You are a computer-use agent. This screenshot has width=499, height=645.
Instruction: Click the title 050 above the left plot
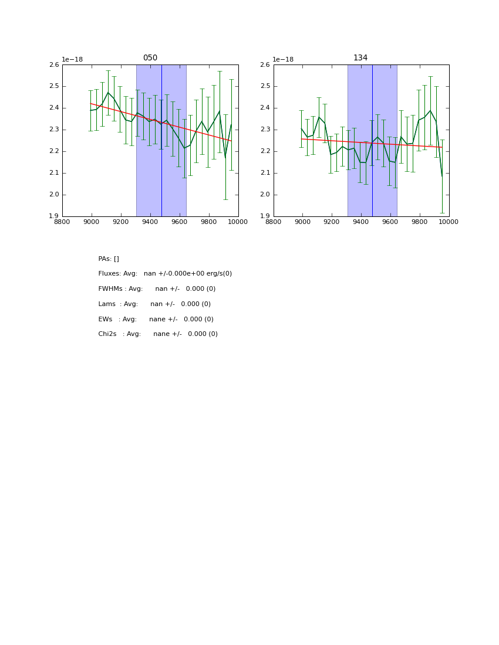pos(150,58)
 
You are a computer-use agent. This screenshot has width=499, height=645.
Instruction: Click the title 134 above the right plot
pos(360,58)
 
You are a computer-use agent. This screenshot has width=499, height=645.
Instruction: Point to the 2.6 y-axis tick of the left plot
pos(54,65)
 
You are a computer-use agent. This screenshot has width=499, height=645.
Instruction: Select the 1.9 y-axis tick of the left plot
pos(54,216)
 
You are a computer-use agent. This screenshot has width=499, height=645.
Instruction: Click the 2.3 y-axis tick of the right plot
pos(265,130)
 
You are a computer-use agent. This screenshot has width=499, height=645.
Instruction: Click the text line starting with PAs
pos(109,259)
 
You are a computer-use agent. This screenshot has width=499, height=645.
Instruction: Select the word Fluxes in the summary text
pos(109,274)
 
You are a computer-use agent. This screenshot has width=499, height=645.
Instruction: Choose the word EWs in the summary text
pos(105,320)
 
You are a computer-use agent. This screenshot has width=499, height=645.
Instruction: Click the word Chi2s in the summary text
pos(107,334)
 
